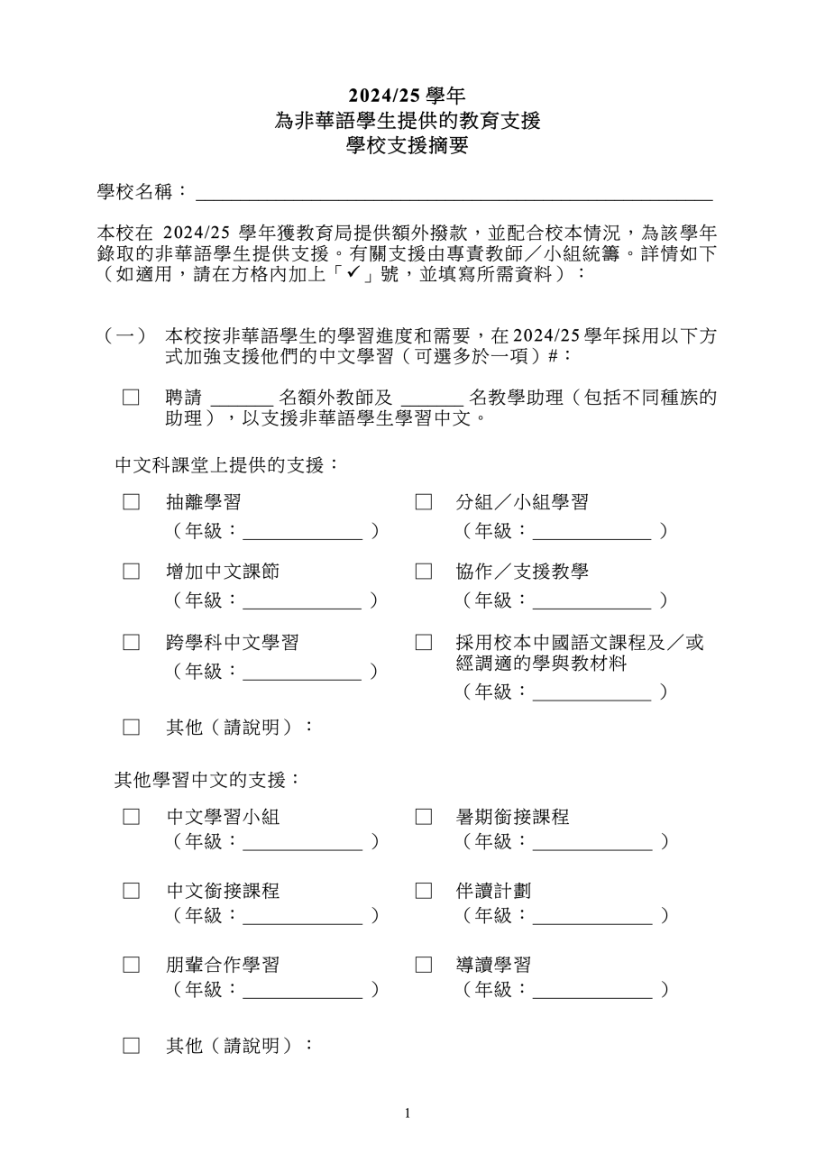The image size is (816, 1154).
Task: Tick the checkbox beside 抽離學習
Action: click(x=132, y=502)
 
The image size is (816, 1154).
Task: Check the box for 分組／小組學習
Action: click(x=423, y=502)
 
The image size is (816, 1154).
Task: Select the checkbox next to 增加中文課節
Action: click(x=132, y=572)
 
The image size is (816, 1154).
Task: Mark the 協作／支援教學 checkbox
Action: click(x=423, y=572)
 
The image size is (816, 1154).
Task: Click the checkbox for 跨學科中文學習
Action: click(x=132, y=643)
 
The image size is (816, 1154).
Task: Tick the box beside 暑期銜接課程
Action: click(x=423, y=817)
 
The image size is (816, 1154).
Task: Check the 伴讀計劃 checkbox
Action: click(x=423, y=891)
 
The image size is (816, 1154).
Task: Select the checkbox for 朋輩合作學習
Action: click(x=132, y=965)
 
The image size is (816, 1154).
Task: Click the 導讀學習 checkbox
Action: click(x=423, y=965)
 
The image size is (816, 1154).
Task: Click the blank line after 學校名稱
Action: click(x=454, y=193)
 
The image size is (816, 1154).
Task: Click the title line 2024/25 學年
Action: click(x=408, y=95)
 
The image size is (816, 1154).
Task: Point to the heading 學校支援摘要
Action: click(x=408, y=145)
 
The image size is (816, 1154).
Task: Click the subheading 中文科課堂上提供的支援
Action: click(x=226, y=465)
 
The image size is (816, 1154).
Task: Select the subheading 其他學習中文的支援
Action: click(x=206, y=779)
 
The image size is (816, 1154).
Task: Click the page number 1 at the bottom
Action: click(x=408, y=1113)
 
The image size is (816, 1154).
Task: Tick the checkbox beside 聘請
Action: click(x=132, y=398)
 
